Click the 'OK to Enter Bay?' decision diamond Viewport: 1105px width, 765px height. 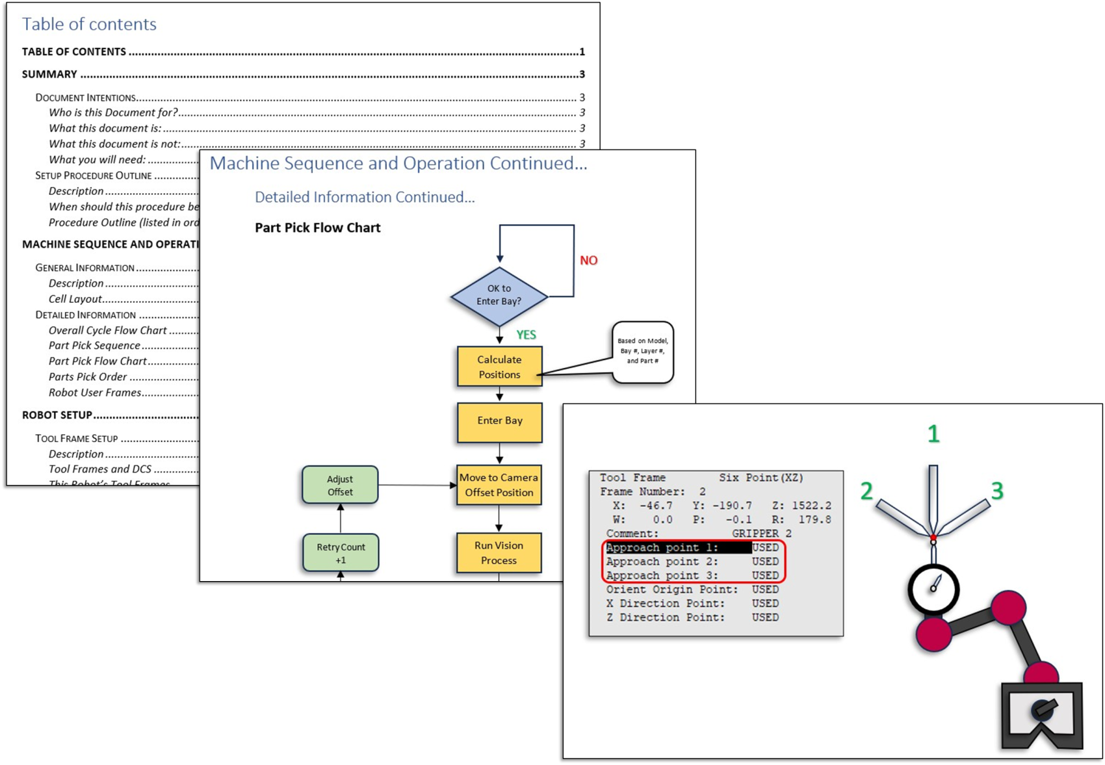coord(499,295)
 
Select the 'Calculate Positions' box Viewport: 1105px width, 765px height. coord(499,367)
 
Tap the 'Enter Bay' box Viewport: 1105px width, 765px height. coord(499,421)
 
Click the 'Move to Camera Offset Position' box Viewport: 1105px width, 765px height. coord(499,485)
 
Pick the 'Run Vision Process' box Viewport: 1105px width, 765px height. coord(499,553)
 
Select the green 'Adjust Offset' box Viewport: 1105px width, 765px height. coord(340,486)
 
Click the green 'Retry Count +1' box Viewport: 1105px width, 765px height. coord(341,553)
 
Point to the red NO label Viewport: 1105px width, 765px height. coord(588,261)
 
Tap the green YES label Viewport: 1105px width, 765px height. coord(526,335)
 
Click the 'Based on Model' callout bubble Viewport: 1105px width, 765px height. coord(642,351)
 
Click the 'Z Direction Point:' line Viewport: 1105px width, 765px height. coord(666,617)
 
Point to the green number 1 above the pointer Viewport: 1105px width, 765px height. coord(933,434)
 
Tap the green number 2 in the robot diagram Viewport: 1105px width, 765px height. coord(866,491)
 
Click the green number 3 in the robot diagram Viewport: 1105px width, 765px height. coord(997,491)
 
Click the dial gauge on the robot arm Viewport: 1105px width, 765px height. coord(933,589)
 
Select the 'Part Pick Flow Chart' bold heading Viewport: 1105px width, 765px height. coord(317,228)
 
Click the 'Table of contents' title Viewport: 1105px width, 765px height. coord(89,24)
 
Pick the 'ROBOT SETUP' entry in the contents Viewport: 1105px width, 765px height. coord(57,415)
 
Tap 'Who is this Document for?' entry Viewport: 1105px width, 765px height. coord(113,112)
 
